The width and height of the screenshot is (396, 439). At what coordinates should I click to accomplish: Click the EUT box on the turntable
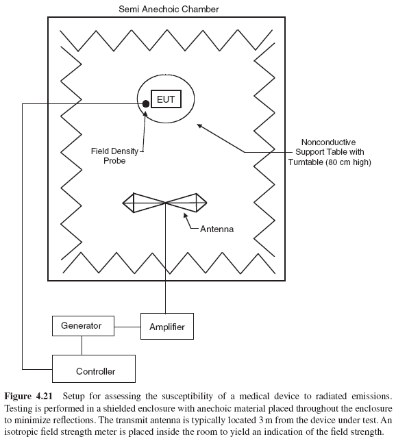(x=165, y=100)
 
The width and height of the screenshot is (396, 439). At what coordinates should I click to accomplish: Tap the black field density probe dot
(x=147, y=104)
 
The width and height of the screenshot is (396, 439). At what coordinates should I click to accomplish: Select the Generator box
(x=81, y=326)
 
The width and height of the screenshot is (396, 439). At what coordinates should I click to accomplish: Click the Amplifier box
(x=167, y=327)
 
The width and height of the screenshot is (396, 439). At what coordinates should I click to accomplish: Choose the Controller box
(x=95, y=371)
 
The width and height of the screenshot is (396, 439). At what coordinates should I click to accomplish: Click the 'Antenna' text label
(x=216, y=229)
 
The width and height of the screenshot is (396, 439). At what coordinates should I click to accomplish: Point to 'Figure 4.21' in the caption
(x=27, y=397)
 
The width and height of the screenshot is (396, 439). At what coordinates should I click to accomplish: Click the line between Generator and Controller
(x=81, y=345)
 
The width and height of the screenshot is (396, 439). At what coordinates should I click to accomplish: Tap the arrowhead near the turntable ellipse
(x=199, y=125)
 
